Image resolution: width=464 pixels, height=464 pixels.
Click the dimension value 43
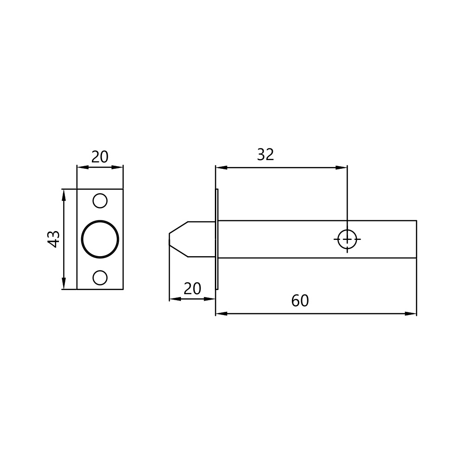pyautogui.click(x=54, y=239)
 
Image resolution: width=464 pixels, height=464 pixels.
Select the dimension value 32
pyautogui.click(x=265, y=155)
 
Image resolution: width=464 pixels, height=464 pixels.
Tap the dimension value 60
pyautogui.click(x=300, y=301)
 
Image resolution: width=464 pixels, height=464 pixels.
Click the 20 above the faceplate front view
pyautogui.click(x=100, y=157)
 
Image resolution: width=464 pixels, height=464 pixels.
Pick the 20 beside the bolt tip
pyautogui.click(x=193, y=289)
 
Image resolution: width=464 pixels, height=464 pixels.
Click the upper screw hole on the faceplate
pyautogui.click(x=100, y=201)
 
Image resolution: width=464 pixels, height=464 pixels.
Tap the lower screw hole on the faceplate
pyautogui.click(x=100, y=277)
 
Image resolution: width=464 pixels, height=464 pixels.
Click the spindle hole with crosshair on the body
pyautogui.click(x=347, y=239)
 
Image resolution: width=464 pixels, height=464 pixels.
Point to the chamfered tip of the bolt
pyautogui.click(x=179, y=239)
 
